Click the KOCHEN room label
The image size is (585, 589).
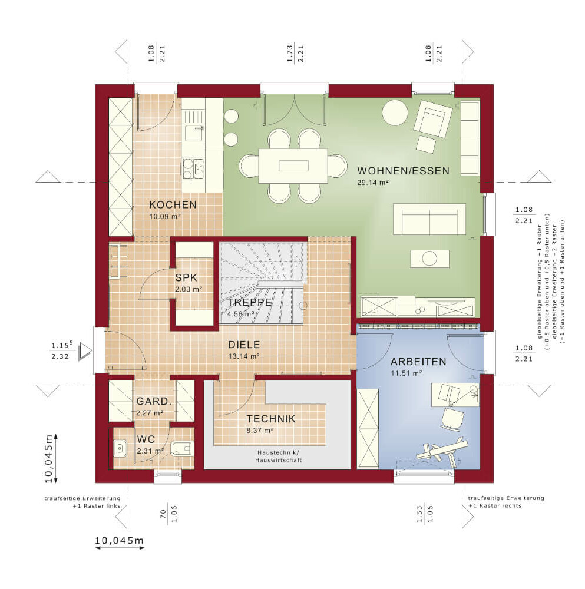[x=173, y=205]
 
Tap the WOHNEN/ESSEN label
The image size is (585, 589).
[x=403, y=171]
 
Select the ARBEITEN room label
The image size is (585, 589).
[x=418, y=362]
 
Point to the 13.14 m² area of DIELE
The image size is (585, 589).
[x=244, y=356]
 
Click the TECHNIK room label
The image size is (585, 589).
[x=271, y=419]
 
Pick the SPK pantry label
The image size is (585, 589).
[x=186, y=277]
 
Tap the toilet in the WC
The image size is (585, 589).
[x=182, y=448]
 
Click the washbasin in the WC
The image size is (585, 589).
[x=120, y=448]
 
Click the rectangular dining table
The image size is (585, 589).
[x=293, y=166]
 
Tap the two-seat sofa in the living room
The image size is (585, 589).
[x=429, y=219]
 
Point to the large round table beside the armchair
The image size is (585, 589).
[x=395, y=112]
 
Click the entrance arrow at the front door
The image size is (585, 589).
[x=85, y=352]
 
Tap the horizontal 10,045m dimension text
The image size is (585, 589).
[x=119, y=541]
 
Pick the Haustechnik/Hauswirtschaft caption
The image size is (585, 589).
[x=279, y=456]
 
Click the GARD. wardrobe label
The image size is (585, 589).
[x=154, y=401]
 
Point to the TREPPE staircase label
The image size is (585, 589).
[x=249, y=302]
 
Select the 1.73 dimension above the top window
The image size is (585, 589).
[x=290, y=54]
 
